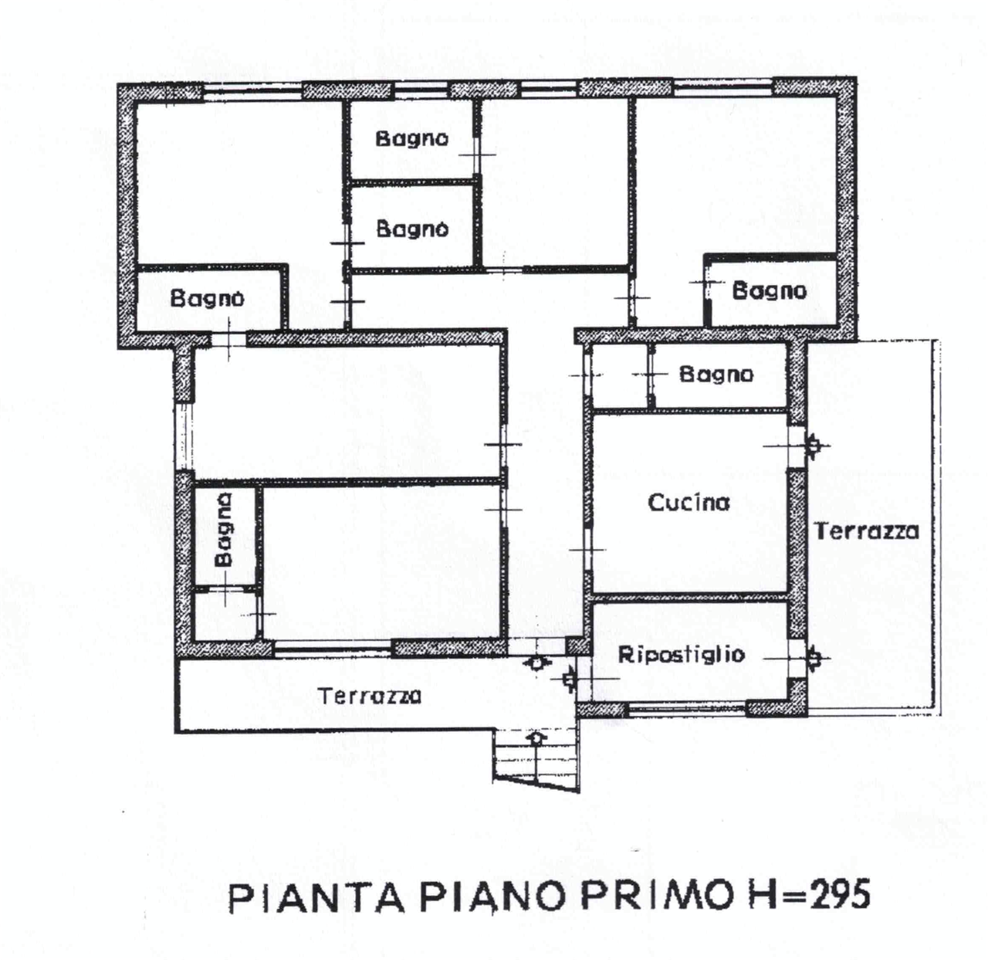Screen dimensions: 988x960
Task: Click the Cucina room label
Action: pos(689,502)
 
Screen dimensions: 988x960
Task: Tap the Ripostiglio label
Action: pos(682,654)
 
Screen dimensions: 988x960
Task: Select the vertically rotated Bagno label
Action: pos(223,529)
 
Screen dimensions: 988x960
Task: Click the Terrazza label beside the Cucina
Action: pos(867,531)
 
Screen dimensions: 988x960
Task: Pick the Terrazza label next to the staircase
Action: pos(370,695)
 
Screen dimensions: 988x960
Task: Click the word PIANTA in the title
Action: pos(316,897)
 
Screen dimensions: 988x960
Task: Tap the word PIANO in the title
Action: pos(492,897)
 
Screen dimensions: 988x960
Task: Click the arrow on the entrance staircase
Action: pos(535,738)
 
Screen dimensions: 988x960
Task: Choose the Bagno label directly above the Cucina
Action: pos(716,375)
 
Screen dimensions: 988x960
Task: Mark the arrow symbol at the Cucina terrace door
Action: pos(814,446)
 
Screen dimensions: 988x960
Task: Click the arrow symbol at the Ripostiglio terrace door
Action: pos(814,658)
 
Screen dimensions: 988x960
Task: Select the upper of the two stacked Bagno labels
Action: pos(411,139)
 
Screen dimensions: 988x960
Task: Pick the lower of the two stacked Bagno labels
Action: pos(412,229)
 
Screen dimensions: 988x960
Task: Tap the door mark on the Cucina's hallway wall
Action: pos(587,549)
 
